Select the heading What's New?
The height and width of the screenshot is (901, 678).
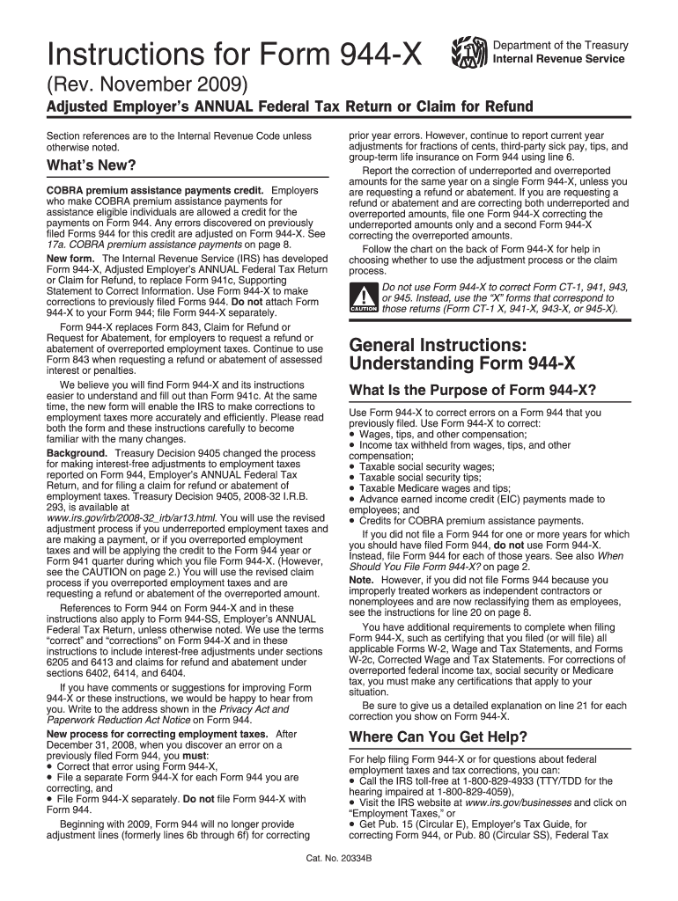click(x=91, y=165)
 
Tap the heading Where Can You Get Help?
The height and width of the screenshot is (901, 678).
click(x=438, y=736)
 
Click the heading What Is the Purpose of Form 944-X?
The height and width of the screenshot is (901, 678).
click(x=473, y=390)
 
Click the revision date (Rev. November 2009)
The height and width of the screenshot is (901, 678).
click(x=149, y=85)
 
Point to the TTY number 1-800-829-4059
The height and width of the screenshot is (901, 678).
click(x=466, y=791)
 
